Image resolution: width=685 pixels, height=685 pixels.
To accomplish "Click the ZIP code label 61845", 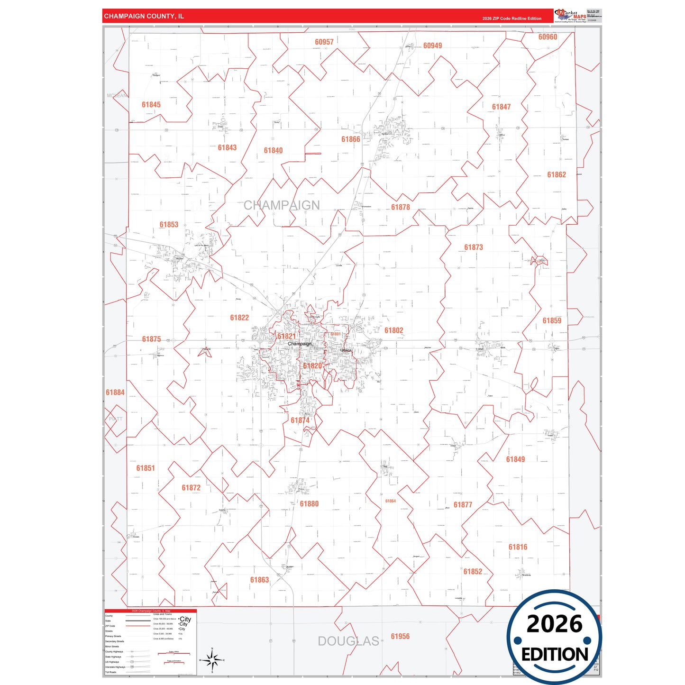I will (151, 105).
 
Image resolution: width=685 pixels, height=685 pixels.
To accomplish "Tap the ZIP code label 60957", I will (324, 42).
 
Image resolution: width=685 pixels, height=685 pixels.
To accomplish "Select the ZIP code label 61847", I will (501, 107).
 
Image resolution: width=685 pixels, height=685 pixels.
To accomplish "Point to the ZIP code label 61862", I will (557, 175).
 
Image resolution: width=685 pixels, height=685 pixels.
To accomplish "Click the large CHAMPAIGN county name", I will (282, 205).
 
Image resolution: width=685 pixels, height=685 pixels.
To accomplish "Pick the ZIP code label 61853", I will (169, 225).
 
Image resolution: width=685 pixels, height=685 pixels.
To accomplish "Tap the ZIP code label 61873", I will (474, 247).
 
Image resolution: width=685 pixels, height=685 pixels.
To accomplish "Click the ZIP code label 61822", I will (239, 318).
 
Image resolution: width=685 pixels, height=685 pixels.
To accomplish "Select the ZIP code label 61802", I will (394, 330).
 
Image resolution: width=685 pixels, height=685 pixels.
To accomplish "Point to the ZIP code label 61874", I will (300, 420).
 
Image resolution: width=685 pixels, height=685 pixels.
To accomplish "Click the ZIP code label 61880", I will (309, 504).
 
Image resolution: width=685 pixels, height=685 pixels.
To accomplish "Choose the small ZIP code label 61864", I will (391, 501).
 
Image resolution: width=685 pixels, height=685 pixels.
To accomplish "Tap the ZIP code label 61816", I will (518, 547).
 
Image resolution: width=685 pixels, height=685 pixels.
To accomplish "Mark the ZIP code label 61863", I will (259, 580).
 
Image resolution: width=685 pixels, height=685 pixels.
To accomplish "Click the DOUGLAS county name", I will (348, 641).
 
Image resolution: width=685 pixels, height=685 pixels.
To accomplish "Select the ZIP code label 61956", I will (400, 637).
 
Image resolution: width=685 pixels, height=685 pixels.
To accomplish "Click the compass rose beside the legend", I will (212, 660).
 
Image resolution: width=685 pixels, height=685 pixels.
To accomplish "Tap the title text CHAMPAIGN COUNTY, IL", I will (144, 16).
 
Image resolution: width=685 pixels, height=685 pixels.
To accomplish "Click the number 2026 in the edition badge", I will (554, 624).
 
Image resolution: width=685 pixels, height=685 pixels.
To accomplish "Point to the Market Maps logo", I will (570, 15).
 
